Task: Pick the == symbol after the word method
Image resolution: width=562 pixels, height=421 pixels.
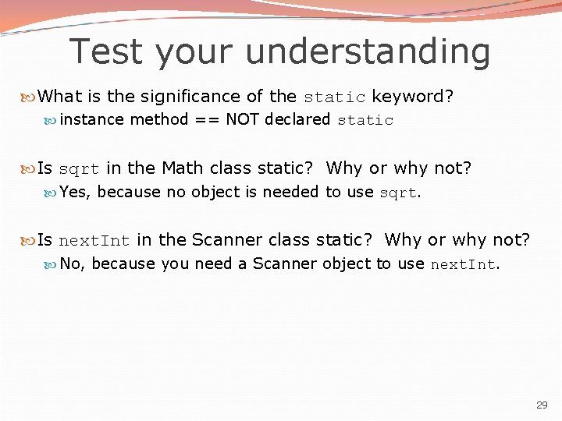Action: click(207, 119)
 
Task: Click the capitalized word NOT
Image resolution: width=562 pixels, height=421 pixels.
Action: click(243, 119)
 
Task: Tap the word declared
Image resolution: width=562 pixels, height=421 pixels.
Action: click(297, 119)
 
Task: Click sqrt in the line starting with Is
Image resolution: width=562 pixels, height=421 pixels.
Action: click(79, 169)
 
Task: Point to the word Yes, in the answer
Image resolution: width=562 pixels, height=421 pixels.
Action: click(76, 192)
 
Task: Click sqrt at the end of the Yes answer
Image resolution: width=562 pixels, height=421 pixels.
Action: click(398, 193)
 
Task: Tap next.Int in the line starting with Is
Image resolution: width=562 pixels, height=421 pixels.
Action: click(94, 241)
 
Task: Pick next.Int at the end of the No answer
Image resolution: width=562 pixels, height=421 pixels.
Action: click(463, 264)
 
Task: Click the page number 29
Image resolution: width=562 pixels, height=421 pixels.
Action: click(542, 405)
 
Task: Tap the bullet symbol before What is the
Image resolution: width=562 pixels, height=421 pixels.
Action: click(30, 97)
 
